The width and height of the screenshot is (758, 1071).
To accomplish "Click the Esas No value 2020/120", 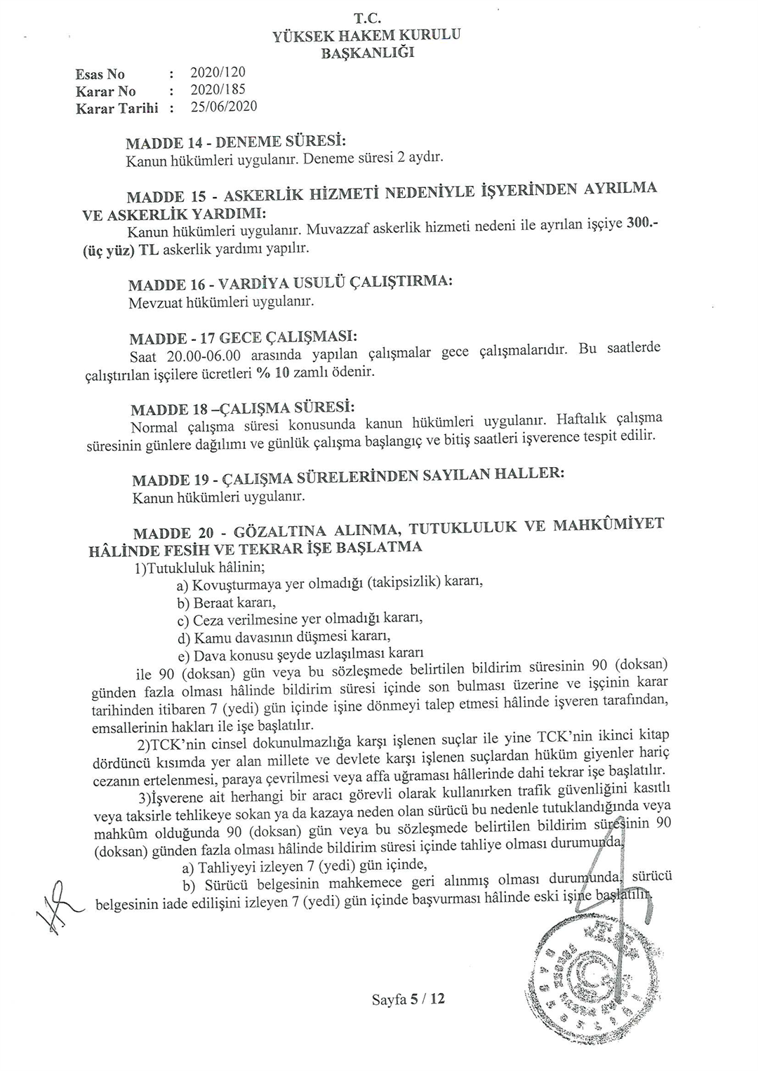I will coord(218,72).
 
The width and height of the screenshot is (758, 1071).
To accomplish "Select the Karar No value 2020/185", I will coord(218,89).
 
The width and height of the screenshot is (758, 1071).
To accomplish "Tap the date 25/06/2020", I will coord(224,106).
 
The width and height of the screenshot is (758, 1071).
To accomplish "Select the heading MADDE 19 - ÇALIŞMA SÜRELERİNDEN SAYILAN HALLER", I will coord(348,478).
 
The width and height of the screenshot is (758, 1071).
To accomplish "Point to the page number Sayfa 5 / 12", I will coord(408,999).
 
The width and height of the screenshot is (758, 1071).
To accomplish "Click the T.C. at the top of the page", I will coord(366,20).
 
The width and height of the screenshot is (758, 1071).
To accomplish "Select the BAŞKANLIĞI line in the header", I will coord(367,53).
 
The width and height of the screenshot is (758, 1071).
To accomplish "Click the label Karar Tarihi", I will coord(117,108).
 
